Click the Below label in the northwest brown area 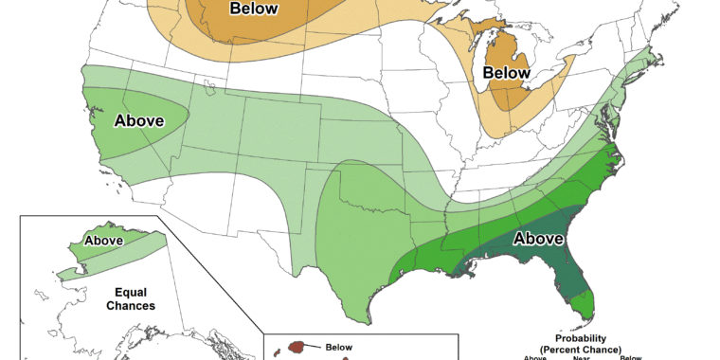(x=255, y=9)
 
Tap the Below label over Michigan (x=507, y=72)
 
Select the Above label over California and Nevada (x=139, y=120)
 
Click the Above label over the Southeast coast (x=539, y=240)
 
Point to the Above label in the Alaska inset (x=104, y=241)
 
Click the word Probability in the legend (x=582, y=338)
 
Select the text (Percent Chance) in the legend (x=582, y=350)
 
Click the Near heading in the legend (x=580, y=358)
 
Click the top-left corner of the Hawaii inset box (x=262, y=333)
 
